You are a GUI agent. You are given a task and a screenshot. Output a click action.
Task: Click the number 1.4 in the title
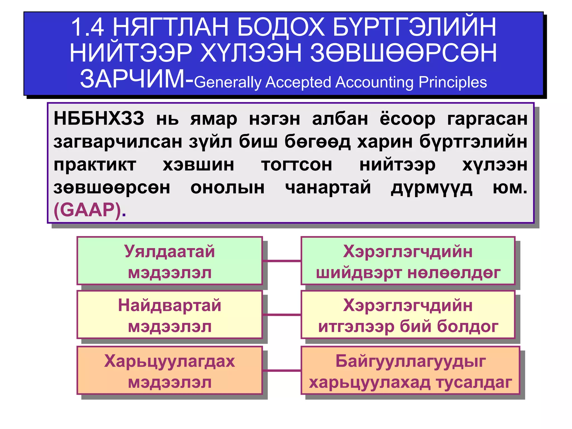pyautogui.click(x=88, y=27)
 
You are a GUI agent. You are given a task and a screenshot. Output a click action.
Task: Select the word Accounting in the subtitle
pyautogui.click(x=375, y=82)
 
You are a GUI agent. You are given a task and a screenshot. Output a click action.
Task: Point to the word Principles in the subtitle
pyautogui.click(x=453, y=82)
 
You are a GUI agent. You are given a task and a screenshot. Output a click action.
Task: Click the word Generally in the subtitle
pyautogui.click(x=228, y=83)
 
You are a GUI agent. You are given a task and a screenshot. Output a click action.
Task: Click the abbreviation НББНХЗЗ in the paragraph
pyautogui.click(x=99, y=118)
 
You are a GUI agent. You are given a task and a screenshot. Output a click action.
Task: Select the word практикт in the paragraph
pyautogui.click(x=95, y=165)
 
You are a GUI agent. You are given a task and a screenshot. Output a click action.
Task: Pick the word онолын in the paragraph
pyautogui.click(x=227, y=188)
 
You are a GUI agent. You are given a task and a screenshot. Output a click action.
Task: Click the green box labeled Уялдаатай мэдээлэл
pyautogui.click(x=170, y=261)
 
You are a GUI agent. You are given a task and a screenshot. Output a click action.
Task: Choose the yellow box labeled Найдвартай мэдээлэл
pyautogui.click(x=170, y=315)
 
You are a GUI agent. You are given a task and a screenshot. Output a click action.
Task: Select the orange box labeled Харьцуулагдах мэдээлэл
pyautogui.click(x=170, y=370)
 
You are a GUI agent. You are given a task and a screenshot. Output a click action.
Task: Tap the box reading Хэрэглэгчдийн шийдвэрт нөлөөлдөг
pyautogui.click(x=408, y=261)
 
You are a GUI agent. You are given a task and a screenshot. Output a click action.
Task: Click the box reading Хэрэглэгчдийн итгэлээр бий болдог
pyautogui.click(x=408, y=315)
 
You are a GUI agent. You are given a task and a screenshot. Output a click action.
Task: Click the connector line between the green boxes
pyautogui.click(x=282, y=261)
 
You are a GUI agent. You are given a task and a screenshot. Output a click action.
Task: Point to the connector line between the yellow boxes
pyautogui.click(x=282, y=315)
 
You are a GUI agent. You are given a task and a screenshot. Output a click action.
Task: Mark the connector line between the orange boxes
pyautogui.click(x=282, y=371)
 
